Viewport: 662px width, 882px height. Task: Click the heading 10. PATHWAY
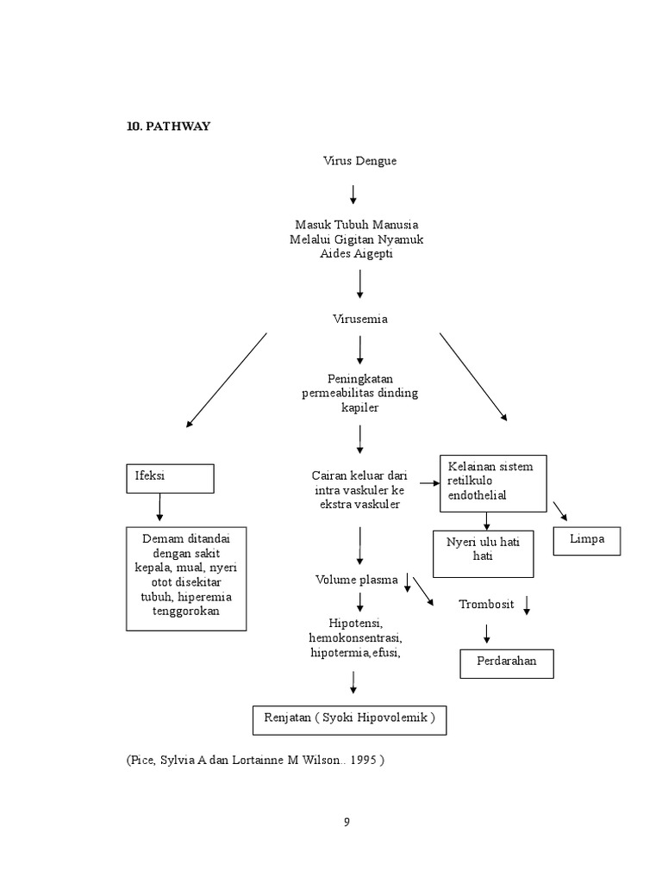[169, 127]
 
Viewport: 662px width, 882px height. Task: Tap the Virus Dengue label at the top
[359, 161]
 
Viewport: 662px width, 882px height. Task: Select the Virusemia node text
[359, 319]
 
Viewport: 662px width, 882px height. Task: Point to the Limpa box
[586, 540]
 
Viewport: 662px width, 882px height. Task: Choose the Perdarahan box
[505, 662]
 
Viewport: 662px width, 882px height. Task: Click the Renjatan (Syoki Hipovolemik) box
[349, 717]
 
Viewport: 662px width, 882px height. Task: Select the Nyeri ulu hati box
[483, 552]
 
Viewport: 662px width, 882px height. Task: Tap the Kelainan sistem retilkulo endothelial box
[493, 482]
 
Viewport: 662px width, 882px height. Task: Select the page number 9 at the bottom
[347, 821]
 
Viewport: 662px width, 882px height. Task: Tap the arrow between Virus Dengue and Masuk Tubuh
[353, 193]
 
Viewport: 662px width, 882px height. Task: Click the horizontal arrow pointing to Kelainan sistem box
[428, 483]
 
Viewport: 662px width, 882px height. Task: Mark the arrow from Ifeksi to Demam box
[159, 508]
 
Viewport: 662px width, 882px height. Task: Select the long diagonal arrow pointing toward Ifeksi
[226, 380]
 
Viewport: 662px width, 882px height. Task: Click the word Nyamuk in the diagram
[402, 239]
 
